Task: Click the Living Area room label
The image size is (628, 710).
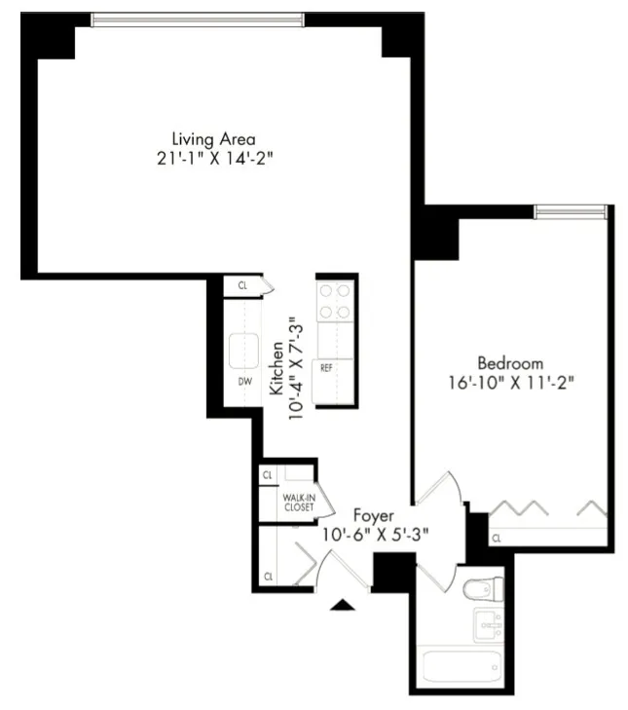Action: [213, 139]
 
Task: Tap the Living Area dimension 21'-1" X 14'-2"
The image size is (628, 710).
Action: [213, 159]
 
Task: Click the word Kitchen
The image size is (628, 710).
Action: [277, 368]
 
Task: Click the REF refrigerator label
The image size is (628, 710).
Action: [326, 368]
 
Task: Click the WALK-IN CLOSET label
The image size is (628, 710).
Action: [298, 503]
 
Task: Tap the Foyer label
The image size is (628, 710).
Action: [373, 514]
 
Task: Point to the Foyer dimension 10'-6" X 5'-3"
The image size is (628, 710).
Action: [376, 534]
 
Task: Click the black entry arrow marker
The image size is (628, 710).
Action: [343, 605]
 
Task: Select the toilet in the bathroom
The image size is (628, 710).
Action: [482, 589]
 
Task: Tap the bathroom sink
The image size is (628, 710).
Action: [488, 624]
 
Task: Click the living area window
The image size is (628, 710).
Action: [198, 19]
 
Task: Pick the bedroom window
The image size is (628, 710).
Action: [571, 211]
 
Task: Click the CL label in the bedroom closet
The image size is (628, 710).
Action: [496, 538]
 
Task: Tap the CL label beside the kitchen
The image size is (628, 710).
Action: [241, 286]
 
